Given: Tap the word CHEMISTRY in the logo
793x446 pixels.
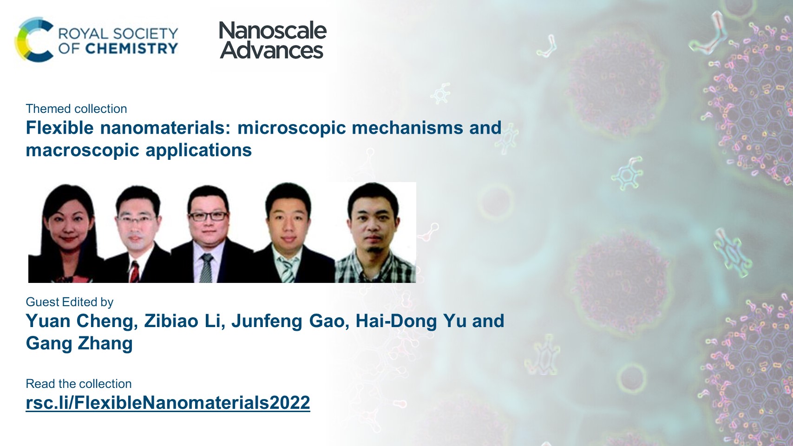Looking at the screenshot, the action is (x=131, y=48).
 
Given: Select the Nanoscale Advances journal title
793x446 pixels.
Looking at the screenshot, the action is (x=273, y=40).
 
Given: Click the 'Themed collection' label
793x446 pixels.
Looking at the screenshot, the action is (x=77, y=109).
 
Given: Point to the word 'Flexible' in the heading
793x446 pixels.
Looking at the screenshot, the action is (x=60, y=127).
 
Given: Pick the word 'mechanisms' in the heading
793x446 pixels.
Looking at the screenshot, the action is (x=407, y=127).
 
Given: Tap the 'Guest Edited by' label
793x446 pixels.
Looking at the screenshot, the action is (x=70, y=302).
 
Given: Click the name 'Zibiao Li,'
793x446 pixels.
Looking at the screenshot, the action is (x=184, y=321).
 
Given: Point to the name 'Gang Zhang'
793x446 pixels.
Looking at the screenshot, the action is (x=79, y=343).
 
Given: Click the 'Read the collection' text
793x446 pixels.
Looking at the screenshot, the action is (x=79, y=384).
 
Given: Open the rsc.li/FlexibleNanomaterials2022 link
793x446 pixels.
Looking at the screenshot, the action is (x=168, y=403).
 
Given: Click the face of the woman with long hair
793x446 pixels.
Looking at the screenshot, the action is (x=68, y=224).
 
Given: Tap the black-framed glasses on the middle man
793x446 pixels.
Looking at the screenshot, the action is (x=208, y=216).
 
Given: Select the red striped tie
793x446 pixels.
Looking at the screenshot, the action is (x=135, y=271).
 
